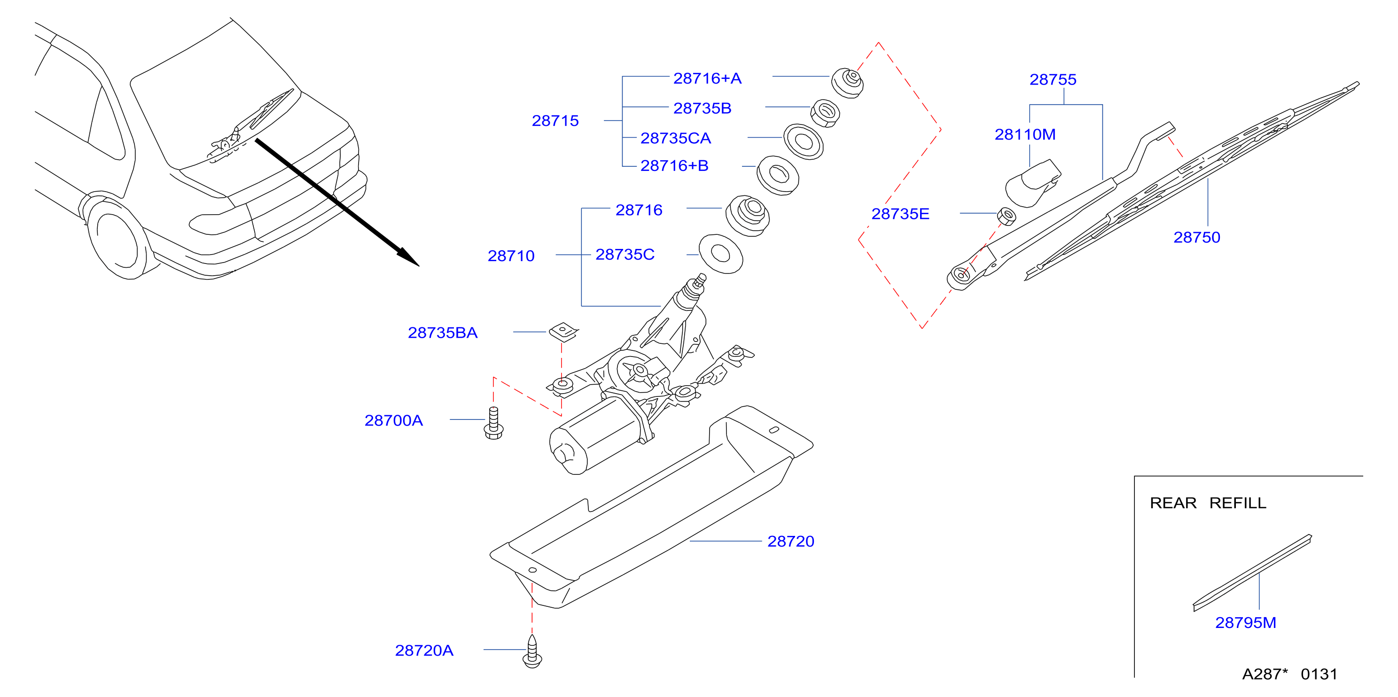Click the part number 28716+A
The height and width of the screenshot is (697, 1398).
pos(707,78)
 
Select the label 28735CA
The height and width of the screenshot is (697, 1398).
pos(676,138)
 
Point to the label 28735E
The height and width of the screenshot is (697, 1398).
pos(900,214)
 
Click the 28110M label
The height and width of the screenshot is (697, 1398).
pos(1025,134)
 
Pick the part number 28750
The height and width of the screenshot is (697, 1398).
pos(1197,237)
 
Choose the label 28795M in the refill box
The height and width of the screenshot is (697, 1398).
pos(1245,623)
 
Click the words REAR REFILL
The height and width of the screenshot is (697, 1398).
pos(1208,503)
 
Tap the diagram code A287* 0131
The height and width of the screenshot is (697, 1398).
pos(1289,674)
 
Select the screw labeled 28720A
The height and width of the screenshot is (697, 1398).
pos(532,651)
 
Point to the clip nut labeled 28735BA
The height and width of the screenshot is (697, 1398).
pos(564,332)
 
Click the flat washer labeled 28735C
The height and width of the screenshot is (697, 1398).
pos(721,254)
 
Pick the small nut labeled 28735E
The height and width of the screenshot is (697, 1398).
pos(1007,216)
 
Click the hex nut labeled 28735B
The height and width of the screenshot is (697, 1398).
pos(825,113)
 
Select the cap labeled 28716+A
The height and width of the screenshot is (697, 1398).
pos(848,83)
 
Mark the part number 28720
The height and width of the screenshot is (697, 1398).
pos(791,542)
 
